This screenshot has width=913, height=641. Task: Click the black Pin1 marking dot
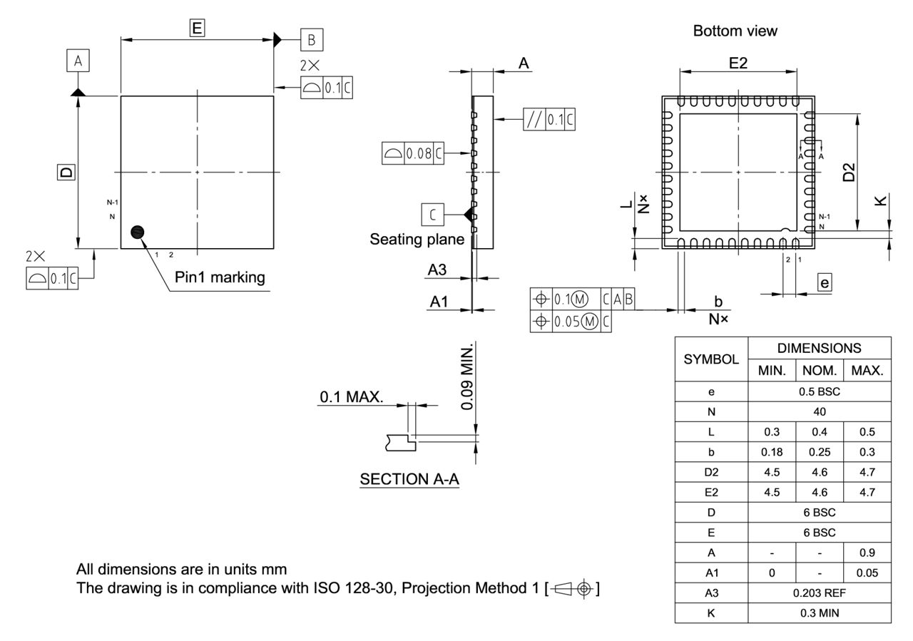[x=138, y=232]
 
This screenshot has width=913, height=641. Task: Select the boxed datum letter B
[x=312, y=40]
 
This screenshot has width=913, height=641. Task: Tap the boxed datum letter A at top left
[x=78, y=62]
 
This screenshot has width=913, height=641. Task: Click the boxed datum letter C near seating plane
[x=433, y=214]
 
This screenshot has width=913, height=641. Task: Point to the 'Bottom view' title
[x=735, y=31]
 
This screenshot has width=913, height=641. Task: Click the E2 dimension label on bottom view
[x=738, y=63]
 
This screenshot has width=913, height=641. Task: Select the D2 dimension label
[x=849, y=172]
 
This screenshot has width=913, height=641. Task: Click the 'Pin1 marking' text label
[x=220, y=277]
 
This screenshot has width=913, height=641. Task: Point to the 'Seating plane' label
[x=417, y=240]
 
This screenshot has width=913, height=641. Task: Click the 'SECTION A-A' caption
[x=409, y=479]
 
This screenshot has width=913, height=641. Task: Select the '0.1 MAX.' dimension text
[x=351, y=398]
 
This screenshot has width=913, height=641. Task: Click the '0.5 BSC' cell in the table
[x=820, y=391]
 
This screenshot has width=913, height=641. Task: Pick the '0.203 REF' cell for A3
[x=820, y=593]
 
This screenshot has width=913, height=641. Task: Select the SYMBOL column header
[x=711, y=359]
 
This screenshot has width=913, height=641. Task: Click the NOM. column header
[x=820, y=371]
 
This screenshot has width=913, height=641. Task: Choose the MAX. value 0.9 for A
[x=867, y=553]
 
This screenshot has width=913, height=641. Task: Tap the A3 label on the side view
[x=437, y=270]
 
